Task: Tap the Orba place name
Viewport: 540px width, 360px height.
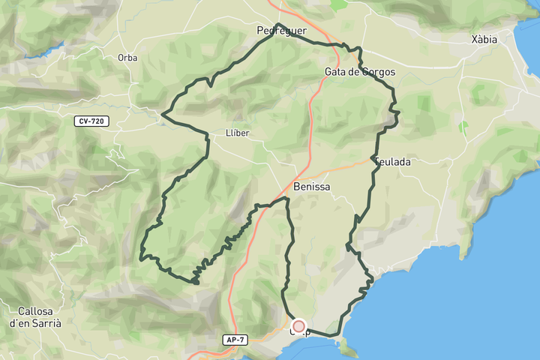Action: (127, 58)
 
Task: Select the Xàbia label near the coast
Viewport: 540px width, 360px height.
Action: (484, 40)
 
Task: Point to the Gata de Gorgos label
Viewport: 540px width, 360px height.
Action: (360, 72)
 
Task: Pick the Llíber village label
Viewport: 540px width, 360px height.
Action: (237, 133)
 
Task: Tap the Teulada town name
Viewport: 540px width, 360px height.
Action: (392, 161)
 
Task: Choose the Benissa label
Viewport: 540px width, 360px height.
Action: (311, 186)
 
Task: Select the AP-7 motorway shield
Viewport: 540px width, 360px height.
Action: (235, 340)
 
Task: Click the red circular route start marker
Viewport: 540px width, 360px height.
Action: (298, 326)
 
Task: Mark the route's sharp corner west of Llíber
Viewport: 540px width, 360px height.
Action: (163, 115)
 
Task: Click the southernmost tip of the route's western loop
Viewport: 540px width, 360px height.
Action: (195, 283)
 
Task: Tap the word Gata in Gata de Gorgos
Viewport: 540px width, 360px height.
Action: (336, 72)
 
